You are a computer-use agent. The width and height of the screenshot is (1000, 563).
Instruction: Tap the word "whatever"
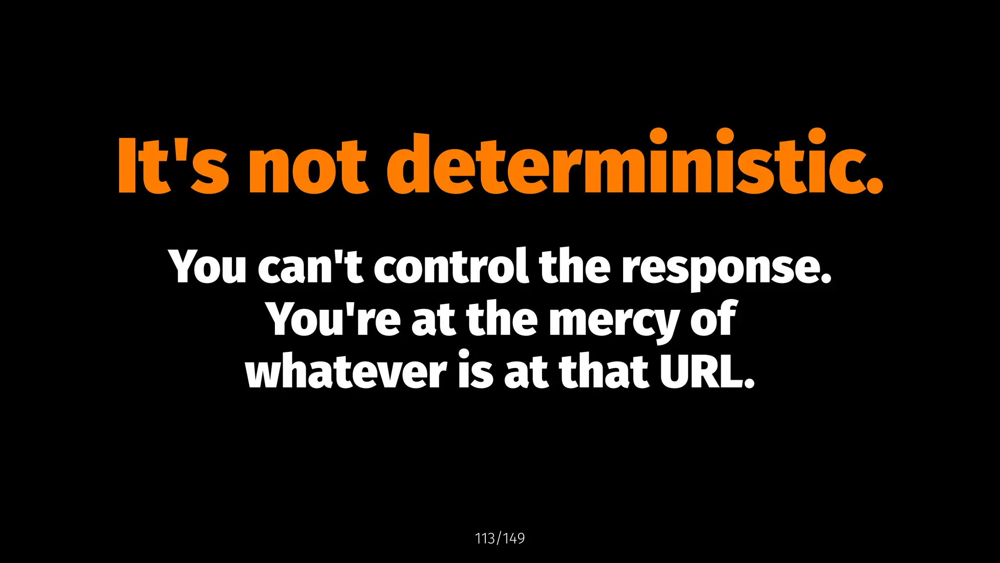pyautogui.click(x=346, y=371)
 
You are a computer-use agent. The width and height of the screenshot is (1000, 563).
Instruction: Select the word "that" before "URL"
pyautogui.click(x=604, y=371)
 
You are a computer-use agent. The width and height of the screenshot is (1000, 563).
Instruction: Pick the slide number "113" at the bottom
pyautogui.click(x=485, y=539)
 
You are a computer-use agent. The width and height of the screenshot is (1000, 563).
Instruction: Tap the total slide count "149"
pyautogui.click(x=514, y=539)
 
